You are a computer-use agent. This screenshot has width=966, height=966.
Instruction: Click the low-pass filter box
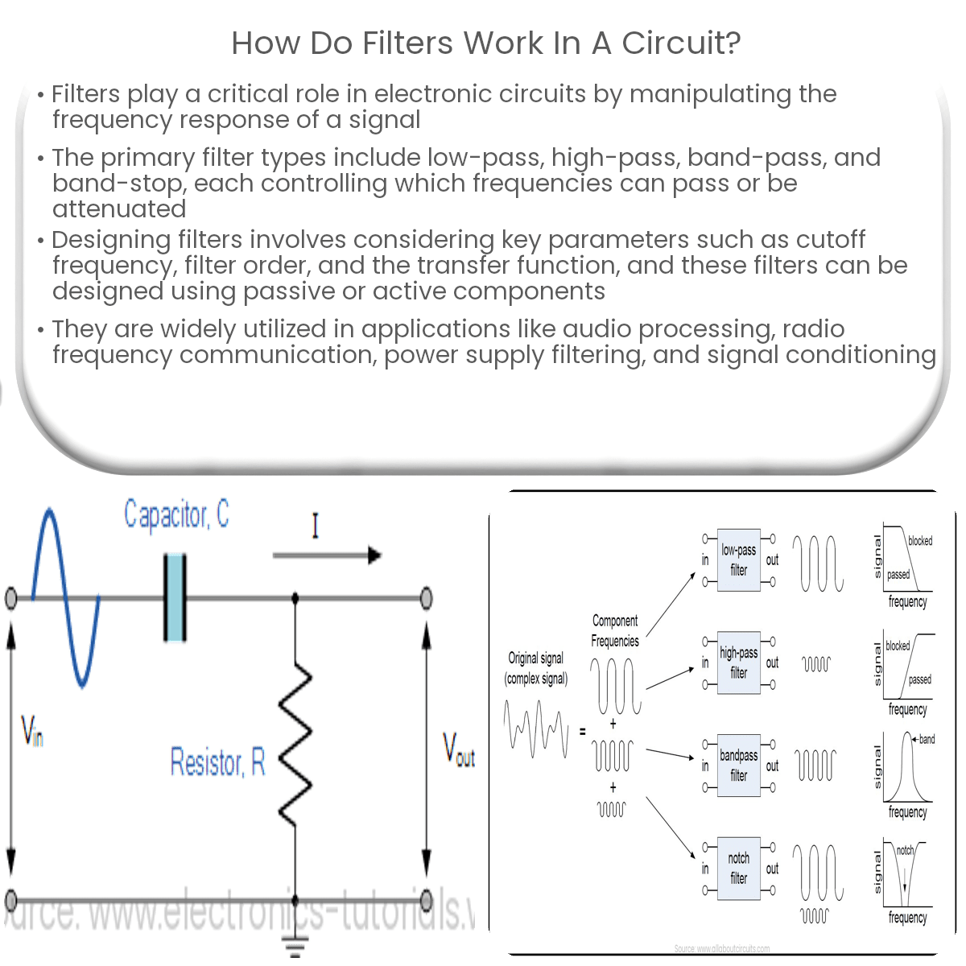point(738,560)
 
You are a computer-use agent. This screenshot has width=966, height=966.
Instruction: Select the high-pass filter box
point(738,663)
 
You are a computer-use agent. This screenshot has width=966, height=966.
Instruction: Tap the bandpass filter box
point(738,766)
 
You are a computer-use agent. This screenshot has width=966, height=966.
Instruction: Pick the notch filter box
point(738,868)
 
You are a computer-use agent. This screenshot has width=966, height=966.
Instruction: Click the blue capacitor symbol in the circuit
point(175,597)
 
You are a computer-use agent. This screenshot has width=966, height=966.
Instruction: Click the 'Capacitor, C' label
point(176,515)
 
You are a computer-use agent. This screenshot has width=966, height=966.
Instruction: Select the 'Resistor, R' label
point(217,762)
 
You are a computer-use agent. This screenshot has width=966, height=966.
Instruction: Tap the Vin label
point(32,731)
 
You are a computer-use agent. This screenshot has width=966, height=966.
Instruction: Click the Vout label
point(459,749)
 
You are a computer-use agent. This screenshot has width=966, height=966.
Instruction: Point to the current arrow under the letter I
point(326,555)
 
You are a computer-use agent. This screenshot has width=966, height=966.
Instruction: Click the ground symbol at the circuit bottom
point(295,945)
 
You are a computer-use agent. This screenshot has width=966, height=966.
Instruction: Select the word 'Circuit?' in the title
point(681,43)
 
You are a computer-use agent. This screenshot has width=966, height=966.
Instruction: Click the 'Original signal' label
point(535,658)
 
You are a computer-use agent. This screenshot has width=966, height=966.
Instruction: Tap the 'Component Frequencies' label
point(615,631)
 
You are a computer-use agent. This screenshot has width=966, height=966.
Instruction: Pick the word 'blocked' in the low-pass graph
point(920,541)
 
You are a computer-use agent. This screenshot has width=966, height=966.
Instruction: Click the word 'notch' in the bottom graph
point(906,850)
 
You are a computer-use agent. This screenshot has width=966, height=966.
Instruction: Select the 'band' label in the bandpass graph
point(927,739)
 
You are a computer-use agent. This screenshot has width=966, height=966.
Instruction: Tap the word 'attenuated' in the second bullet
point(119,209)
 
